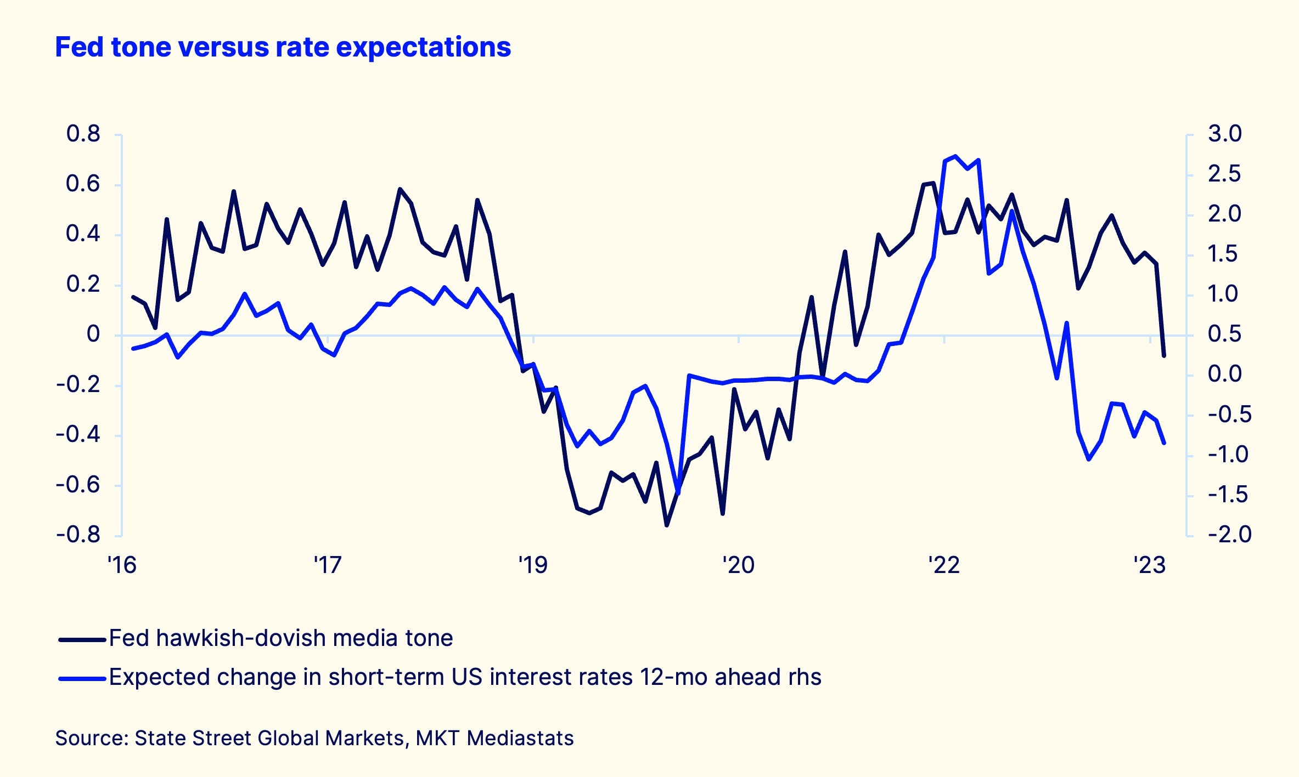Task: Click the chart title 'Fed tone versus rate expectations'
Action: pyautogui.click(x=283, y=47)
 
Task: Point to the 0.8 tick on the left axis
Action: pyautogui.click(x=83, y=134)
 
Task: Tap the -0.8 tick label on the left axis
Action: pyautogui.click(x=78, y=534)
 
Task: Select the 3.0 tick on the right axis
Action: pyautogui.click(x=1224, y=134)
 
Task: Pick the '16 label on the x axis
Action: pyautogui.click(x=122, y=565)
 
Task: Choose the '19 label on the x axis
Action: pyautogui.click(x=533, y=565)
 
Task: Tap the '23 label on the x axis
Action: pyautogui.click(x=1150, y=565)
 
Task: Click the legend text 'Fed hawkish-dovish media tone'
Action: pyautogui.click(x=281, y=638)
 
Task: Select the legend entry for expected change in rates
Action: pyautogui.click(x=465, y=677)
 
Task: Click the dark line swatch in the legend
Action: pyautogui.click(x=82, y=639)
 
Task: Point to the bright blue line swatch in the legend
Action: pyautogui.click(x=82, y=679)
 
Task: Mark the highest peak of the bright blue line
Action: pyautogui.click(x=955, y=156)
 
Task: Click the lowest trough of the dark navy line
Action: pyautogui.click(x=667, y=525)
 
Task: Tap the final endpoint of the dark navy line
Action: pyautogui.click(x=1163, y=356)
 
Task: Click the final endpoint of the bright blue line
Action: pyautogui.click(x=1164, y=443)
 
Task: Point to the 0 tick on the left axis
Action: pyautogui.click(x=93, y=334)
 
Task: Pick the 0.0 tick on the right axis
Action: pyautogui.click(x=1224, y=374)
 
